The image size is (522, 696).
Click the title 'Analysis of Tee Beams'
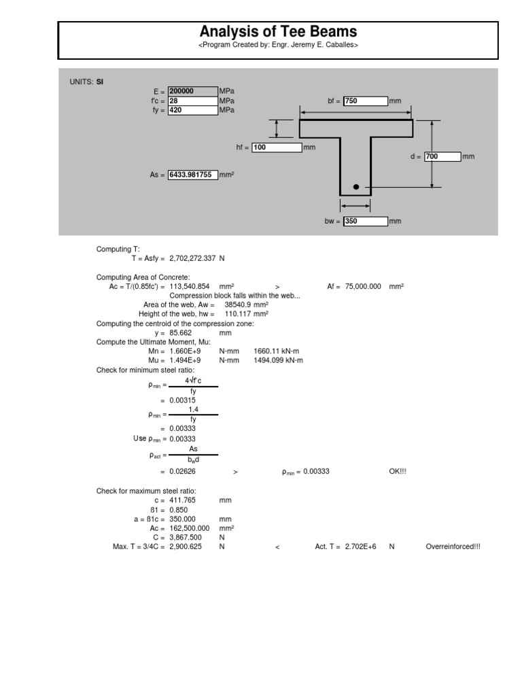[x=277, y=32]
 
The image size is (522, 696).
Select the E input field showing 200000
[x=192, y=91]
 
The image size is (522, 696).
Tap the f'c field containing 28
[x=192, y=100]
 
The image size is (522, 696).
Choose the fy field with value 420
[x=192, y=109]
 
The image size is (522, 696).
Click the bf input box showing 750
[x=365, y=101]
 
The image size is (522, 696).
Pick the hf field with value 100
[x=276, y=147]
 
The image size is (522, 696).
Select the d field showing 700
[x=442, y=156]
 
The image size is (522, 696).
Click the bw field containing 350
[x=365, y=221]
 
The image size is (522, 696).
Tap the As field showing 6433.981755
[x=192, y=175]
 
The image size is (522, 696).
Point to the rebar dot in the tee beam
[x=355, y=186]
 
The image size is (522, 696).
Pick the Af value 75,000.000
[x=362, y=287]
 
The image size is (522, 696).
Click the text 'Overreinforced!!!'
[x=453, y=546]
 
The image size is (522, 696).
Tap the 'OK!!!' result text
[x=398, y=472]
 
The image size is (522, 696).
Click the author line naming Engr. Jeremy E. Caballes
[x=277, y=45]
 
